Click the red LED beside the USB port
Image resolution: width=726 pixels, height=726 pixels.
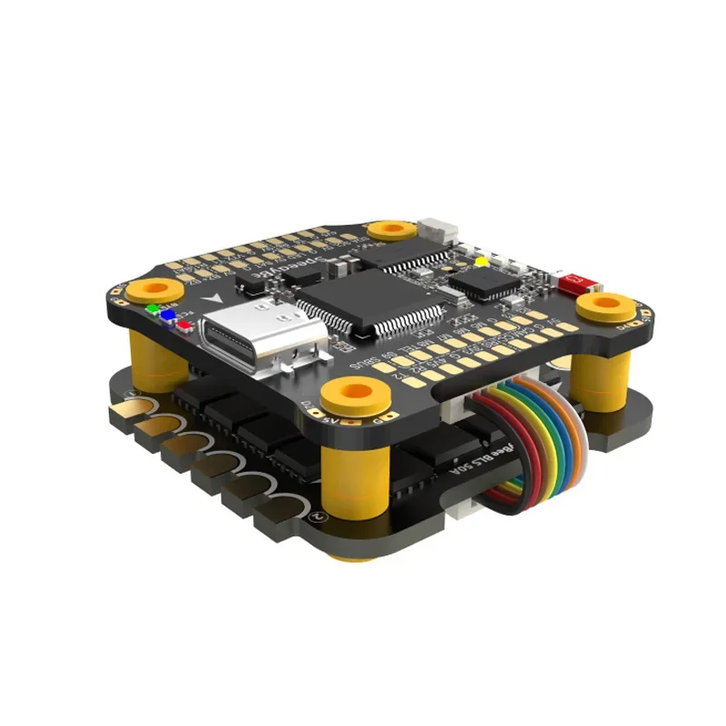[184, 321]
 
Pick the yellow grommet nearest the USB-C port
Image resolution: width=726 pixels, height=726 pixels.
[158, 289]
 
